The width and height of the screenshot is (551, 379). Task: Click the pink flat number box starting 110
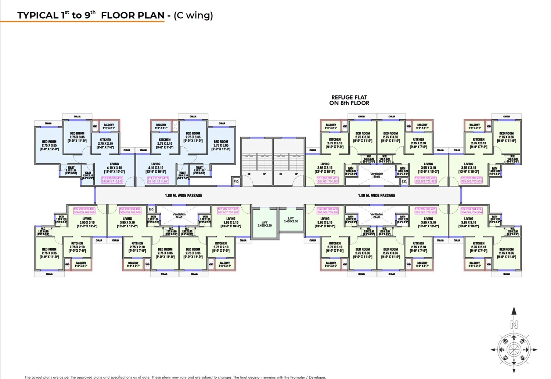[x=112, y=180]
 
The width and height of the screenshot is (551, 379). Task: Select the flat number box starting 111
[x=158, y=180]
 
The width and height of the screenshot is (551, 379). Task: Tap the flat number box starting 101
[x=328, y=180]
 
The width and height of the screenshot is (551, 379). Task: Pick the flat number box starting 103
[x=472, y=180]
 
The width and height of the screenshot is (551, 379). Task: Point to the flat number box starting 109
[x=84, y=211]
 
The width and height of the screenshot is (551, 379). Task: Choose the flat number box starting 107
[x=228, y=211]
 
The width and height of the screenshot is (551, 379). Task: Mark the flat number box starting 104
[x=472, y=211]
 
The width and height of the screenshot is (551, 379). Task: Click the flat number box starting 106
[x=328, y=211]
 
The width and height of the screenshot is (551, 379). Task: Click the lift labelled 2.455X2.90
[x=264, y=224]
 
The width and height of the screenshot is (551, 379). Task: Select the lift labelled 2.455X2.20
[x=291, y=220]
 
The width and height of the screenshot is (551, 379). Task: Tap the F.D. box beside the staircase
[x=237, y=181]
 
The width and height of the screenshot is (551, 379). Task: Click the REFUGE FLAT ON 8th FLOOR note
[x=349, y=100]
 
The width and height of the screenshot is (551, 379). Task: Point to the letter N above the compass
[x=514, y=325]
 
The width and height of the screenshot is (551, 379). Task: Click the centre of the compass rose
[x=514, y=350]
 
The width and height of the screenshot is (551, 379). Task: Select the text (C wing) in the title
[x=193, y=15]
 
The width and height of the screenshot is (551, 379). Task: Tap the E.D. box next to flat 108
[x=151, y=210]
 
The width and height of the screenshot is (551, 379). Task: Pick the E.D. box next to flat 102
[x=404, y=181]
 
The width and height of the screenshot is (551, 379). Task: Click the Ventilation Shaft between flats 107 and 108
[x=179, y=216]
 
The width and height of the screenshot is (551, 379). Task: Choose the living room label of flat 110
[x=114, y=168]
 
